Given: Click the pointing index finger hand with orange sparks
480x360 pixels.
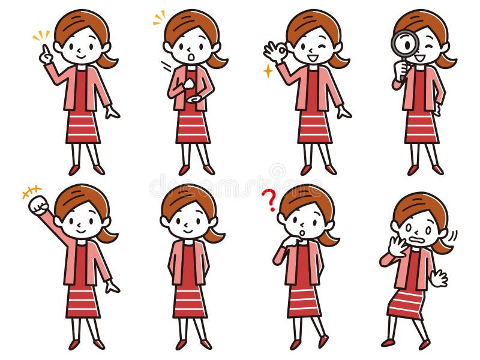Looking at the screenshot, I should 46,55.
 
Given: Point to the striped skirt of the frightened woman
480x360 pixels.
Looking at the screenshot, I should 406,303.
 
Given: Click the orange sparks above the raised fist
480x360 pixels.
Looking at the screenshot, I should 31,191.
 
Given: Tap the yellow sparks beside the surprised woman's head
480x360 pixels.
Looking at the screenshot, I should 159,18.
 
